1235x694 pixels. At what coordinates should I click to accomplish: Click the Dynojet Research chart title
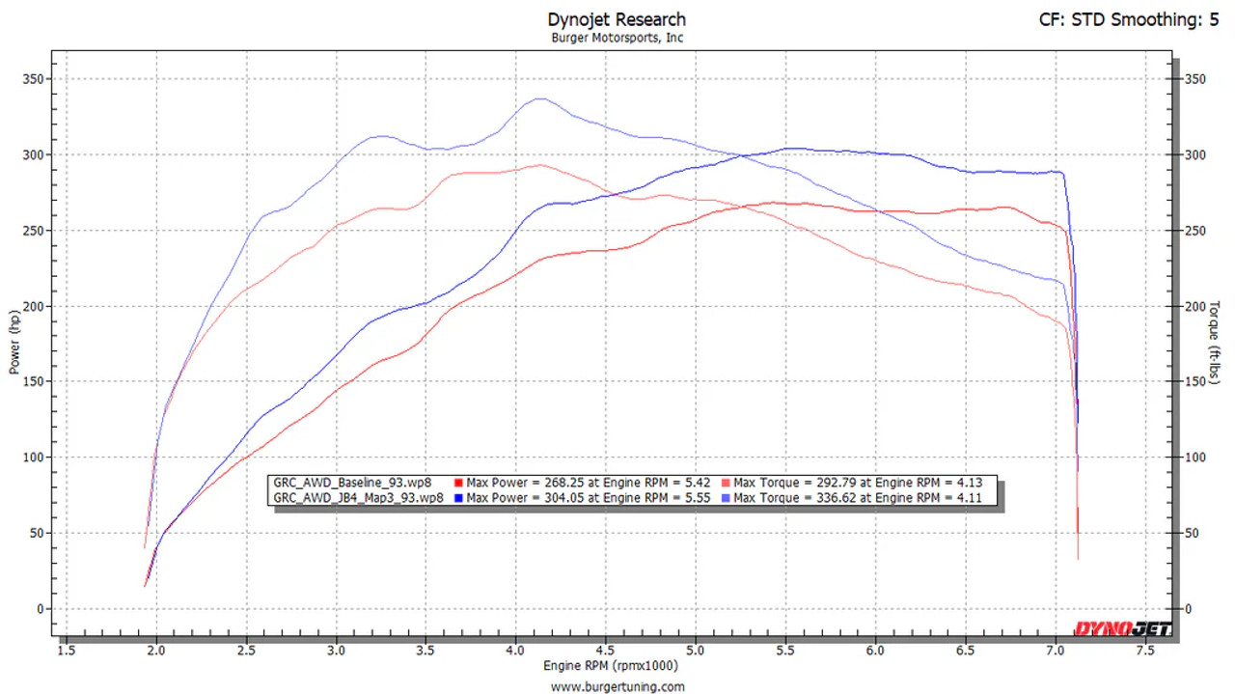pos(617,19)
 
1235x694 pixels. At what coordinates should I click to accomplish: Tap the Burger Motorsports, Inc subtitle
pos(617,39)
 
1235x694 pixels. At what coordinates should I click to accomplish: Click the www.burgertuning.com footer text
pos(617,686)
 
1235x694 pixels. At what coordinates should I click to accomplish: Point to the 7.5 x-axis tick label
pos(1145,651)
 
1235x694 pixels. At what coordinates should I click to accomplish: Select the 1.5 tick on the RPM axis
pos(67,651)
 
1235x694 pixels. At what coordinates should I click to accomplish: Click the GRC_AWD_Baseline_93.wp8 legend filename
pos(353,483)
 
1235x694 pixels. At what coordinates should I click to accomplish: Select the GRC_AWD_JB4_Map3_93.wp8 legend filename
pos(359,498)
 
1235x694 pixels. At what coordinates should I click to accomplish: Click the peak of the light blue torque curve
pos(539,98)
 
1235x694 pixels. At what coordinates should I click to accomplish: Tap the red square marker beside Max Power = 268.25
pos(458,483)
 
